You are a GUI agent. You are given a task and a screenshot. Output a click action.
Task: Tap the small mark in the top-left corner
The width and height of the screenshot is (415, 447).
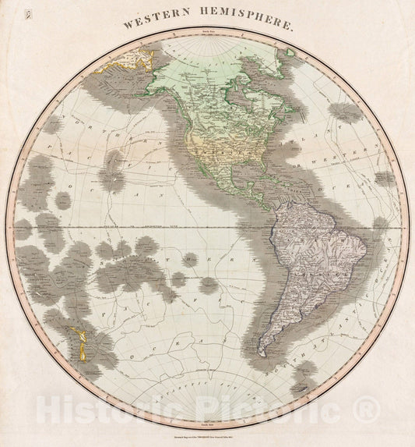pos(27,13)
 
